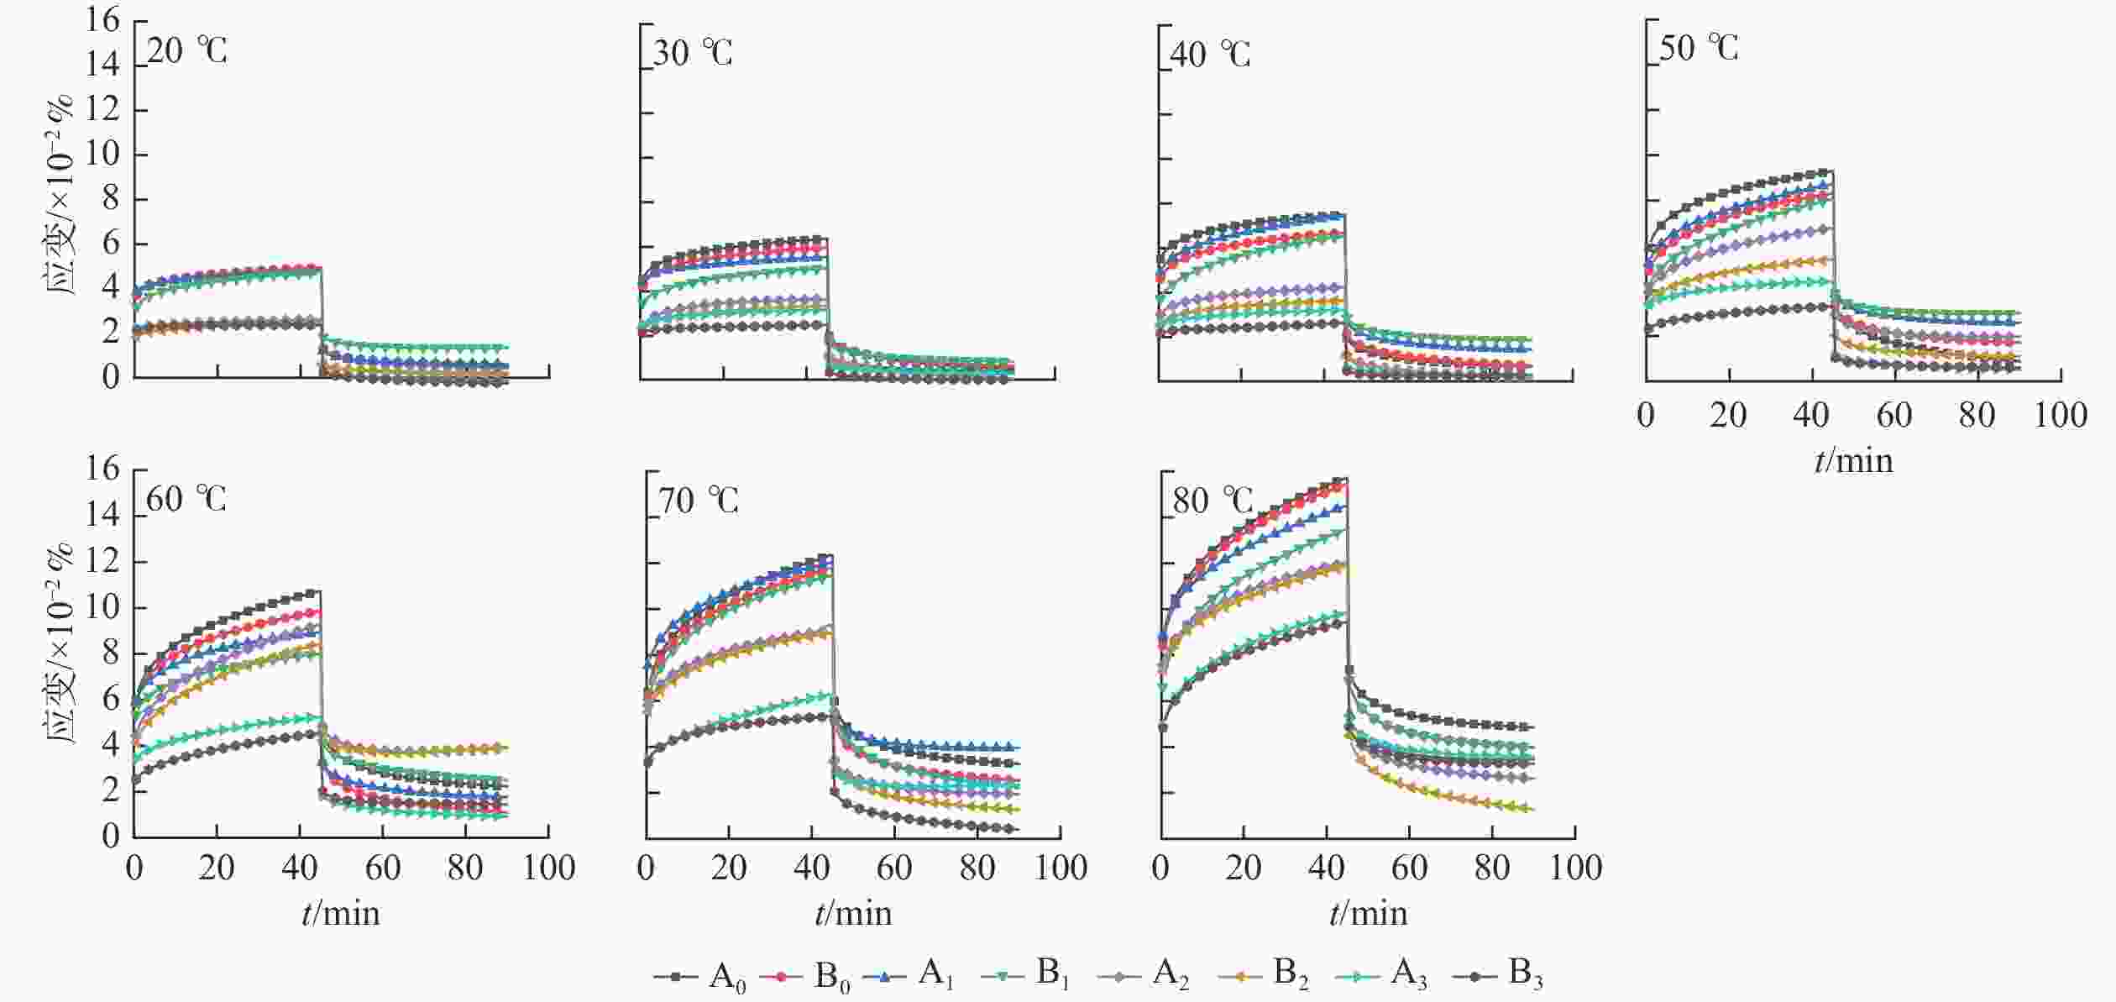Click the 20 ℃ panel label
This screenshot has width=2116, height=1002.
[x=186, y=51]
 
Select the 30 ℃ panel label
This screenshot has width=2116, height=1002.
[x=693, y=54]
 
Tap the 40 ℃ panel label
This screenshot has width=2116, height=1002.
[x=1210, y=55]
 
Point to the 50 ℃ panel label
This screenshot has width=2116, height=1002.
[x=1699, y=49]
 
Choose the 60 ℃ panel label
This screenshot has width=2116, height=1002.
[x=186, y=499]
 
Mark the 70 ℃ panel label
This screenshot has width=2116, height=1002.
[x=699, y=501]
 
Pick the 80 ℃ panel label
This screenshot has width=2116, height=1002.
[x=1213, y=501]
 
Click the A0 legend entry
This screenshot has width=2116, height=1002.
[x=701, y=977]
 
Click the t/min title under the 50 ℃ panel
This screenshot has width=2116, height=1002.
[x=1853, y=460]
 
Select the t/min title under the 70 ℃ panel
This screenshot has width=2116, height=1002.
[x=853, y=913]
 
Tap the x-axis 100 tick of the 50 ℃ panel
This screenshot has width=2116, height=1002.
[x=2060, y=415]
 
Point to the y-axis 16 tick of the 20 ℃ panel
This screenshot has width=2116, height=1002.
[x=103, y=20]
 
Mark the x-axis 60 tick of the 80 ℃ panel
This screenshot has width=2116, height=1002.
[x=1409, y=867]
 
